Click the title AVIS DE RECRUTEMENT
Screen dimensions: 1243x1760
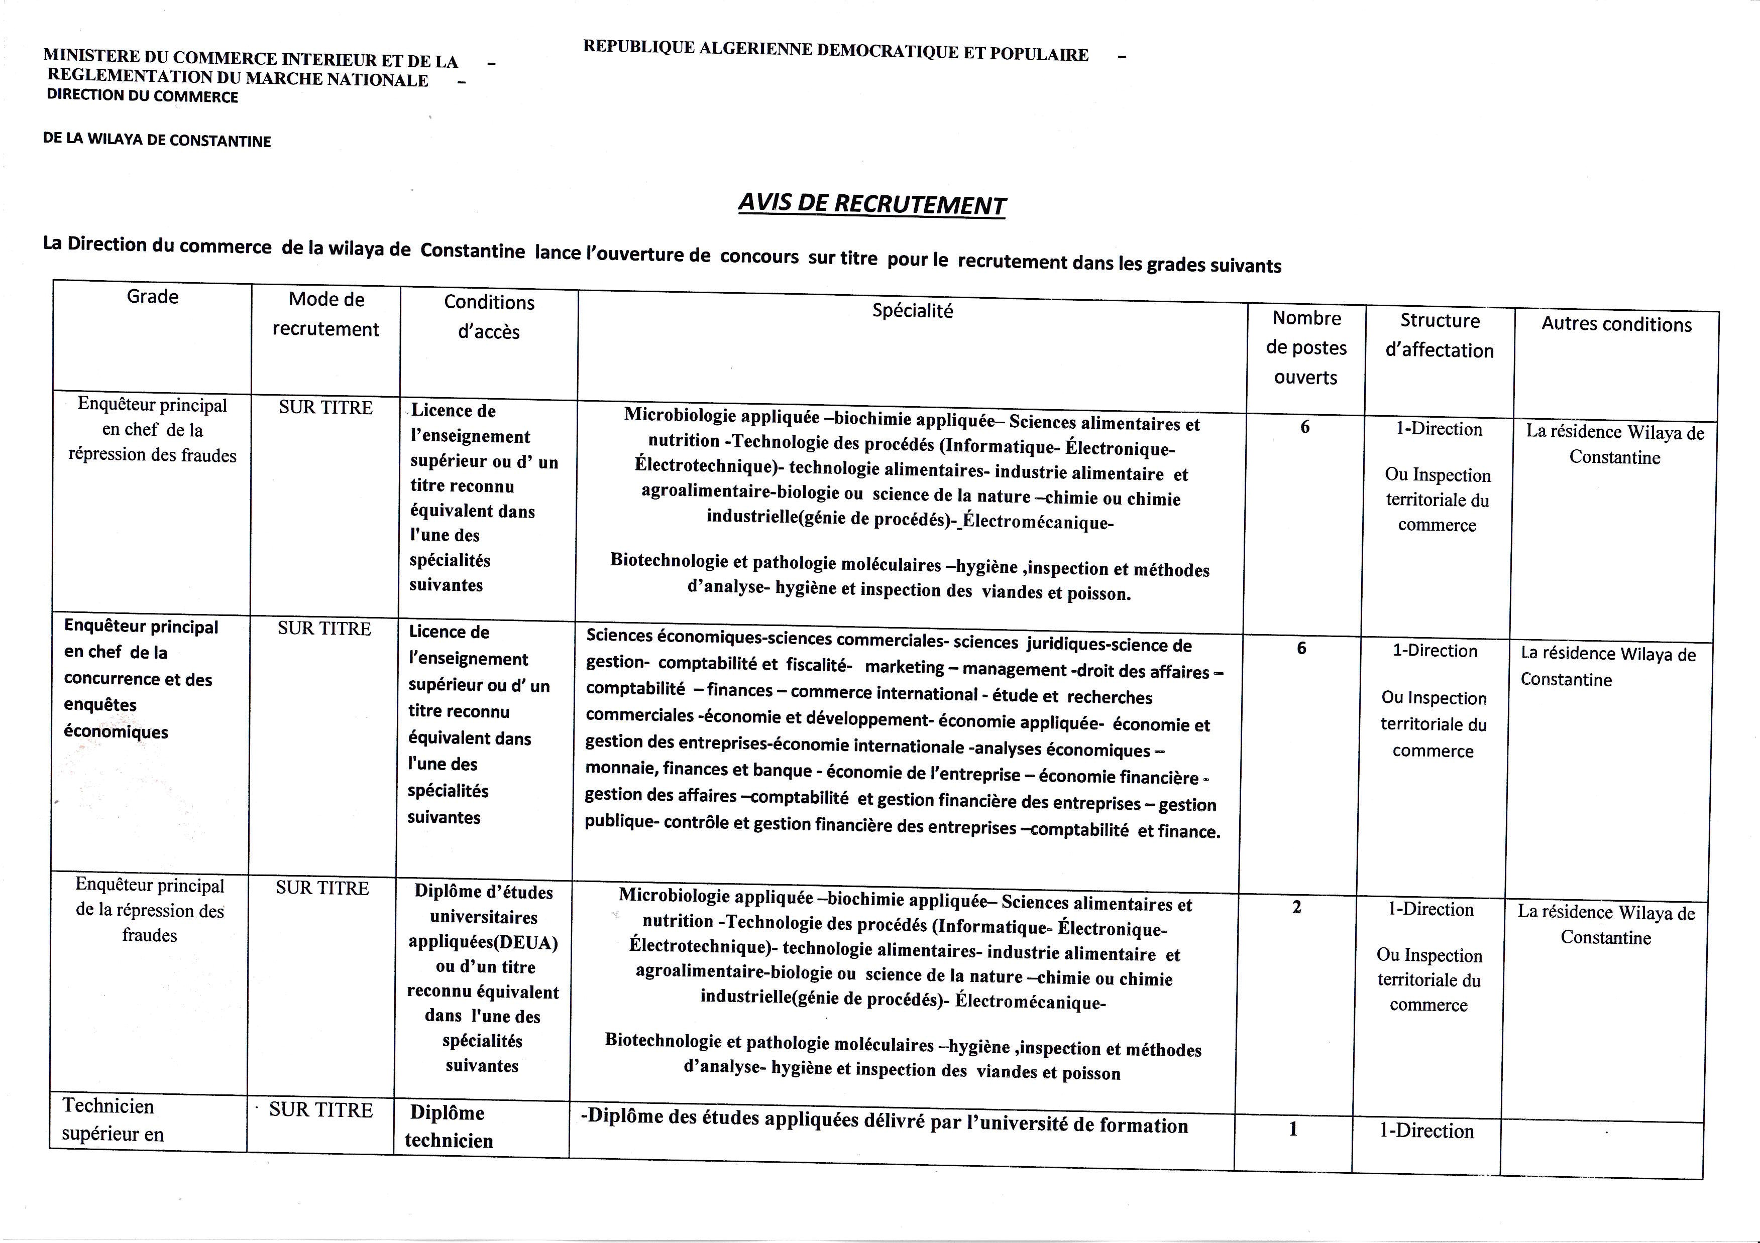871,204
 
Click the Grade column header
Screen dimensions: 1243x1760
153,297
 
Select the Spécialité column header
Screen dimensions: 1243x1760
912,310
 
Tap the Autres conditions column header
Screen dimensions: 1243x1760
1616,324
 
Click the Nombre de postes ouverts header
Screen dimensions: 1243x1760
1306,347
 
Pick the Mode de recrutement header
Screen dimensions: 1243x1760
326,314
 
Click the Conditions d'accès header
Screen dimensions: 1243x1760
489,316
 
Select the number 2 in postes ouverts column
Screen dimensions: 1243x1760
1297,907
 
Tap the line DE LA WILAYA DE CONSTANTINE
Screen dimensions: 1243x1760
157,140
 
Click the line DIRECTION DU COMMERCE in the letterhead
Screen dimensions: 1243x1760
143,96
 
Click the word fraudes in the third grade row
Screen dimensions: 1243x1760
150,935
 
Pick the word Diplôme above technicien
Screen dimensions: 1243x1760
447,1112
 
